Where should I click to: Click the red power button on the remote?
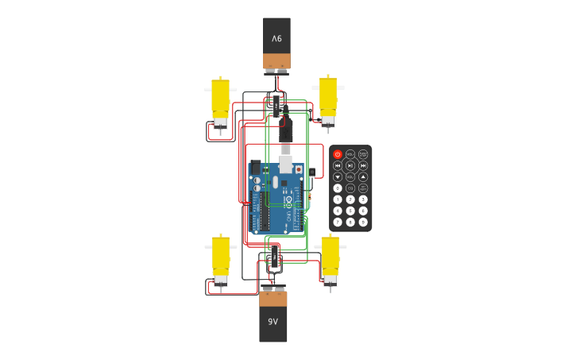(338, 154)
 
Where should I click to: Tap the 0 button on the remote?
(338, 188)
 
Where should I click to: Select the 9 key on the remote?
(363, 222)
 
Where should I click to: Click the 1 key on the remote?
(338, 199)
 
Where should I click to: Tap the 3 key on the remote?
(363, 199)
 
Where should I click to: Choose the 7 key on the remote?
(338, 222)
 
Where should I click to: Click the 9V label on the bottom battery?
(273, 322)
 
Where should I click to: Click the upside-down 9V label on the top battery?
(276, 38)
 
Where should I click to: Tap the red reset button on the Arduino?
(299, 169)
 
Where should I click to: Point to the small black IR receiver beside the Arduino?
(312, 172)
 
